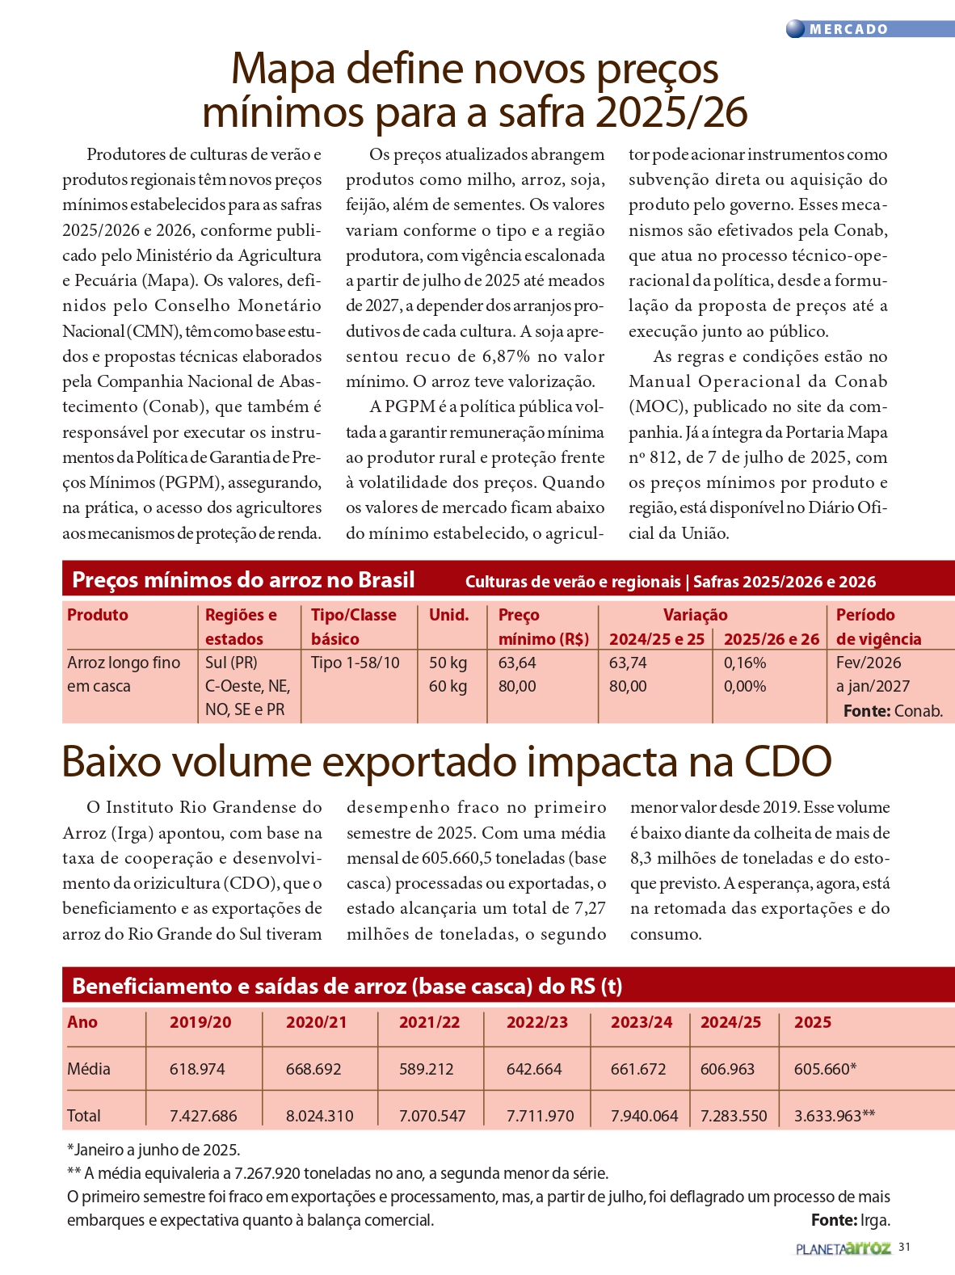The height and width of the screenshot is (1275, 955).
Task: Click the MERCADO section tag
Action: (848, 29)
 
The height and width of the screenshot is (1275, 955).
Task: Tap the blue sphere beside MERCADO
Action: (796, 29)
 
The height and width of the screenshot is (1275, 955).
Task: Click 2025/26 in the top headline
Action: (671, 112)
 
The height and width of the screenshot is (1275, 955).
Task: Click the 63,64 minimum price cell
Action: (517, 663)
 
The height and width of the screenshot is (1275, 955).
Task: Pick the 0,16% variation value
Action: (745, 663)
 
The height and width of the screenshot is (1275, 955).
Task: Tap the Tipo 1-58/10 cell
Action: (355, 663)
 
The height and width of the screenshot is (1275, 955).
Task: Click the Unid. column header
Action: (449, 615)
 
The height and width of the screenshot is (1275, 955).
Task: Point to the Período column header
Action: (865, 615)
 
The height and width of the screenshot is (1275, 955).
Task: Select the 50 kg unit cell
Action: (448, 663)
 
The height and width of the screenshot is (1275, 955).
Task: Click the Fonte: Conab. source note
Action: (893, 711)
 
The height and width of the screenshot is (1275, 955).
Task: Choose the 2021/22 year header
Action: (429, 1022)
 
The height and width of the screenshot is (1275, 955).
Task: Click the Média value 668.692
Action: (313, 1069)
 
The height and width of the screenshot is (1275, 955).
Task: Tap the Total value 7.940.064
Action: (644, 1116)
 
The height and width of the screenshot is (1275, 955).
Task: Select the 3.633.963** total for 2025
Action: (834, 1116)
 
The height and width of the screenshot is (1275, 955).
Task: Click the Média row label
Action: (89, 1069)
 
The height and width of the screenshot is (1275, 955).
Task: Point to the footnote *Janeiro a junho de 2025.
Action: (154, 1150)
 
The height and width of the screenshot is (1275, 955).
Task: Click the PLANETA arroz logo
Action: (843, 1248)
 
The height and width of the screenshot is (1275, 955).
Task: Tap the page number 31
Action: (904, 1247)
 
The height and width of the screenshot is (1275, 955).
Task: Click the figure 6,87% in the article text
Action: (507, 356)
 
